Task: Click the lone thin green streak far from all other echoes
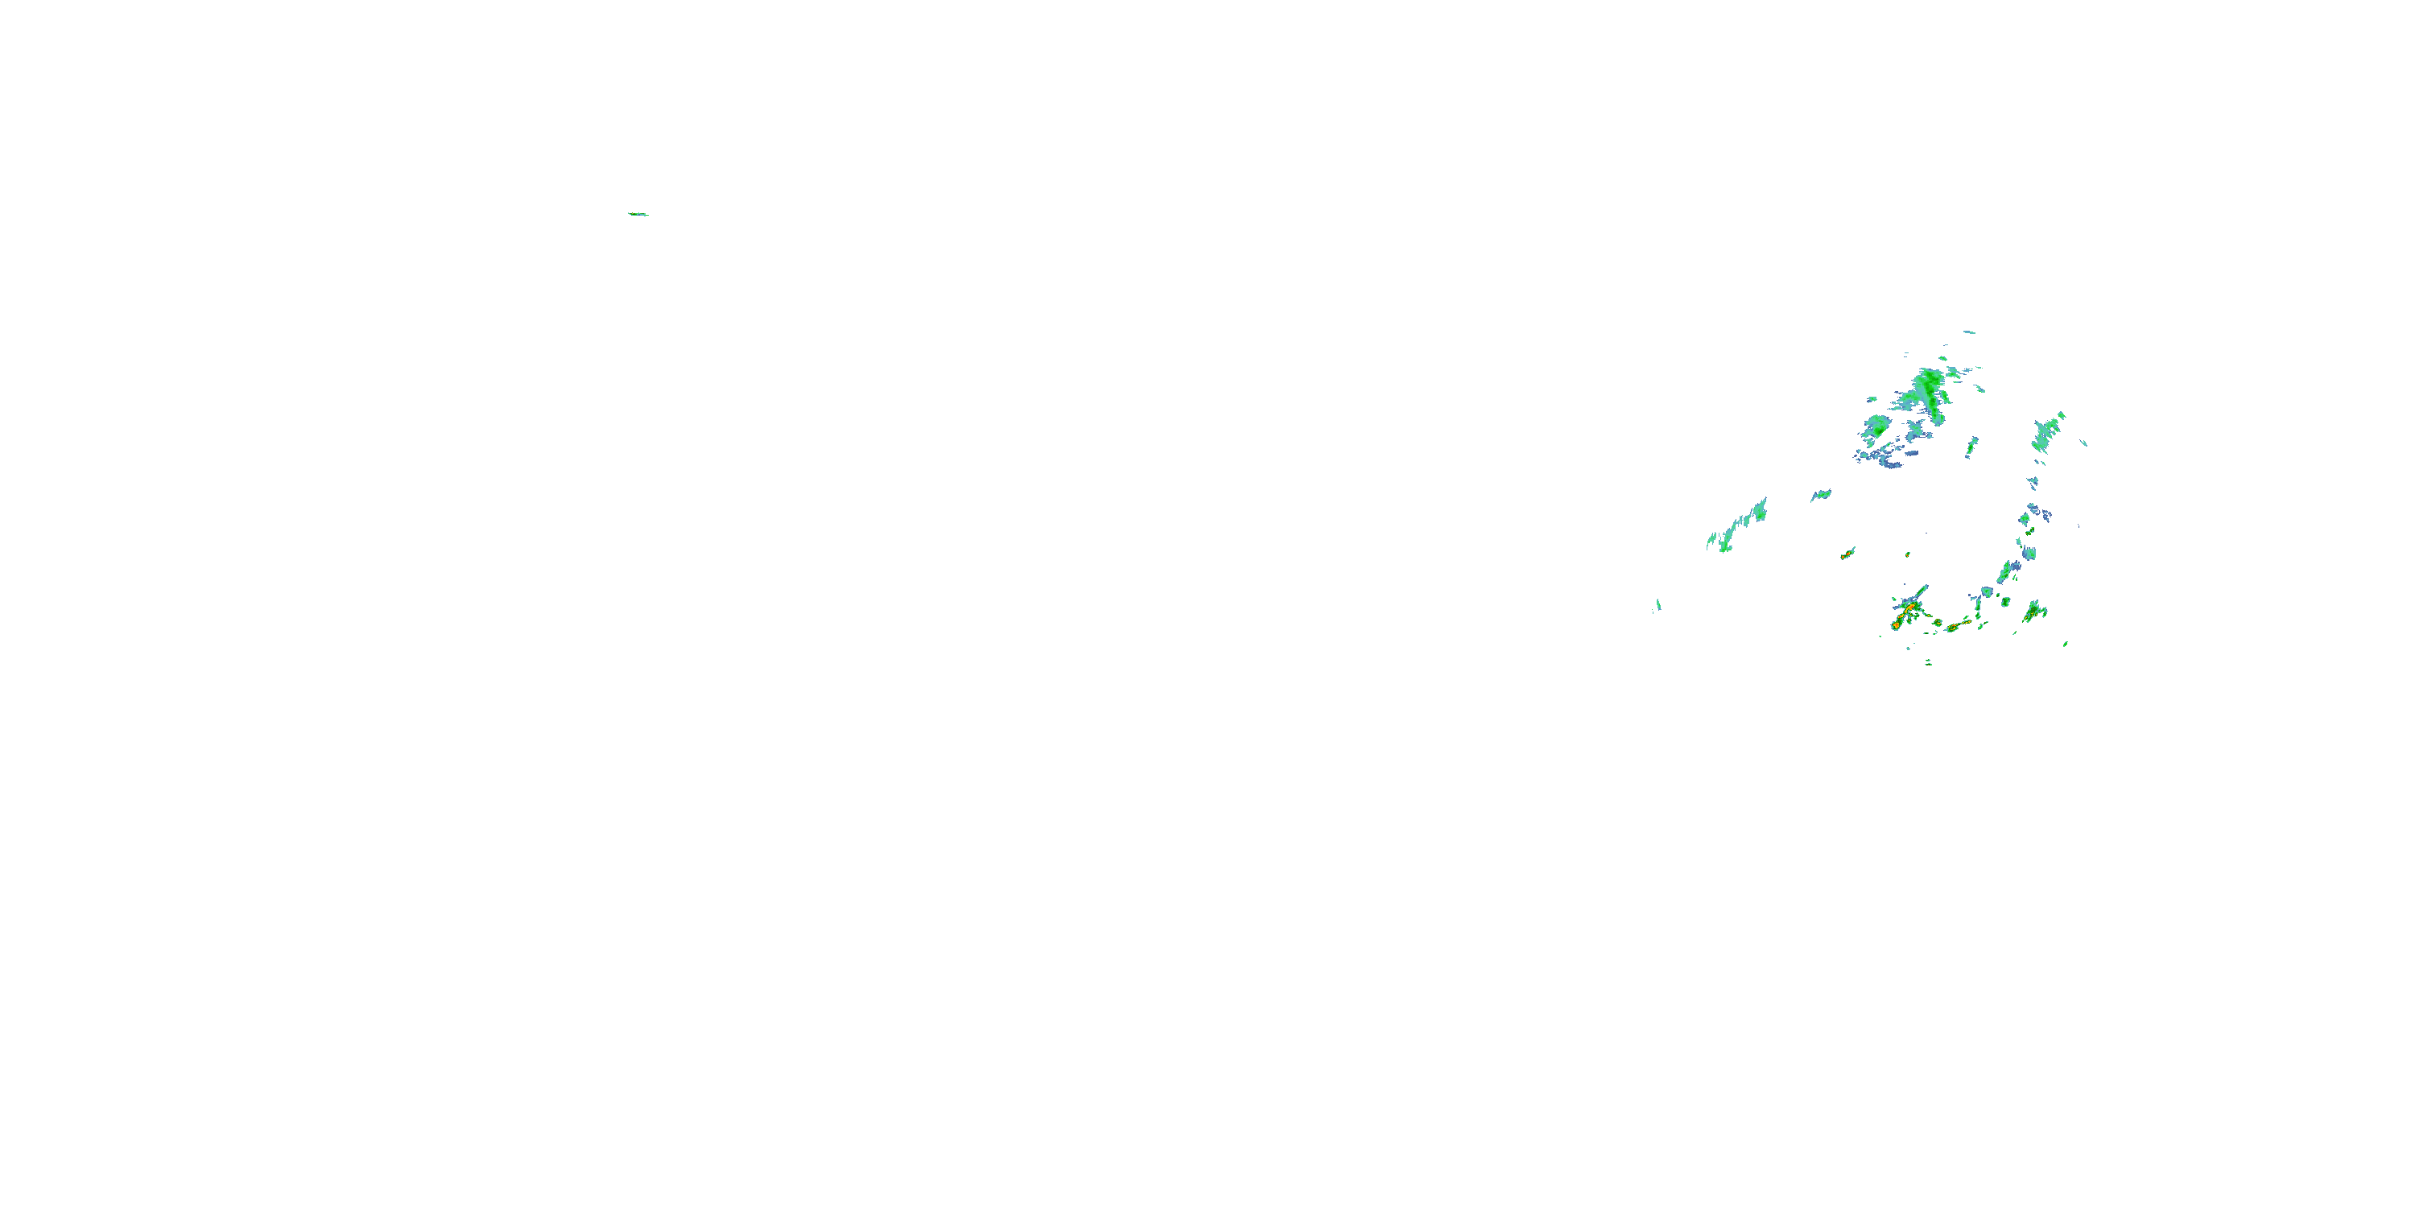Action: click(x=638, y=215)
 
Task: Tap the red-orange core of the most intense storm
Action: click(x=1909, y=609)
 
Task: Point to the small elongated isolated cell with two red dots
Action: click(x=1847, y=554)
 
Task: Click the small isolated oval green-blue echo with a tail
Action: click(x=1821, y=494)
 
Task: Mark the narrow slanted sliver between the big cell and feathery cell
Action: click(x=1971, y=447)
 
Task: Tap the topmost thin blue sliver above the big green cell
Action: click(x=1969, y=332)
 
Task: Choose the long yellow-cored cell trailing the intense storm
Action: click(x=1958, y=625)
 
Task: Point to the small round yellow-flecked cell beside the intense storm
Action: click(x=1937, y=621)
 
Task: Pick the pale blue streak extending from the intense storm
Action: click(x=1918, y=593)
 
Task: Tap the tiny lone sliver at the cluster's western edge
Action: click(x=1657, y=605)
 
